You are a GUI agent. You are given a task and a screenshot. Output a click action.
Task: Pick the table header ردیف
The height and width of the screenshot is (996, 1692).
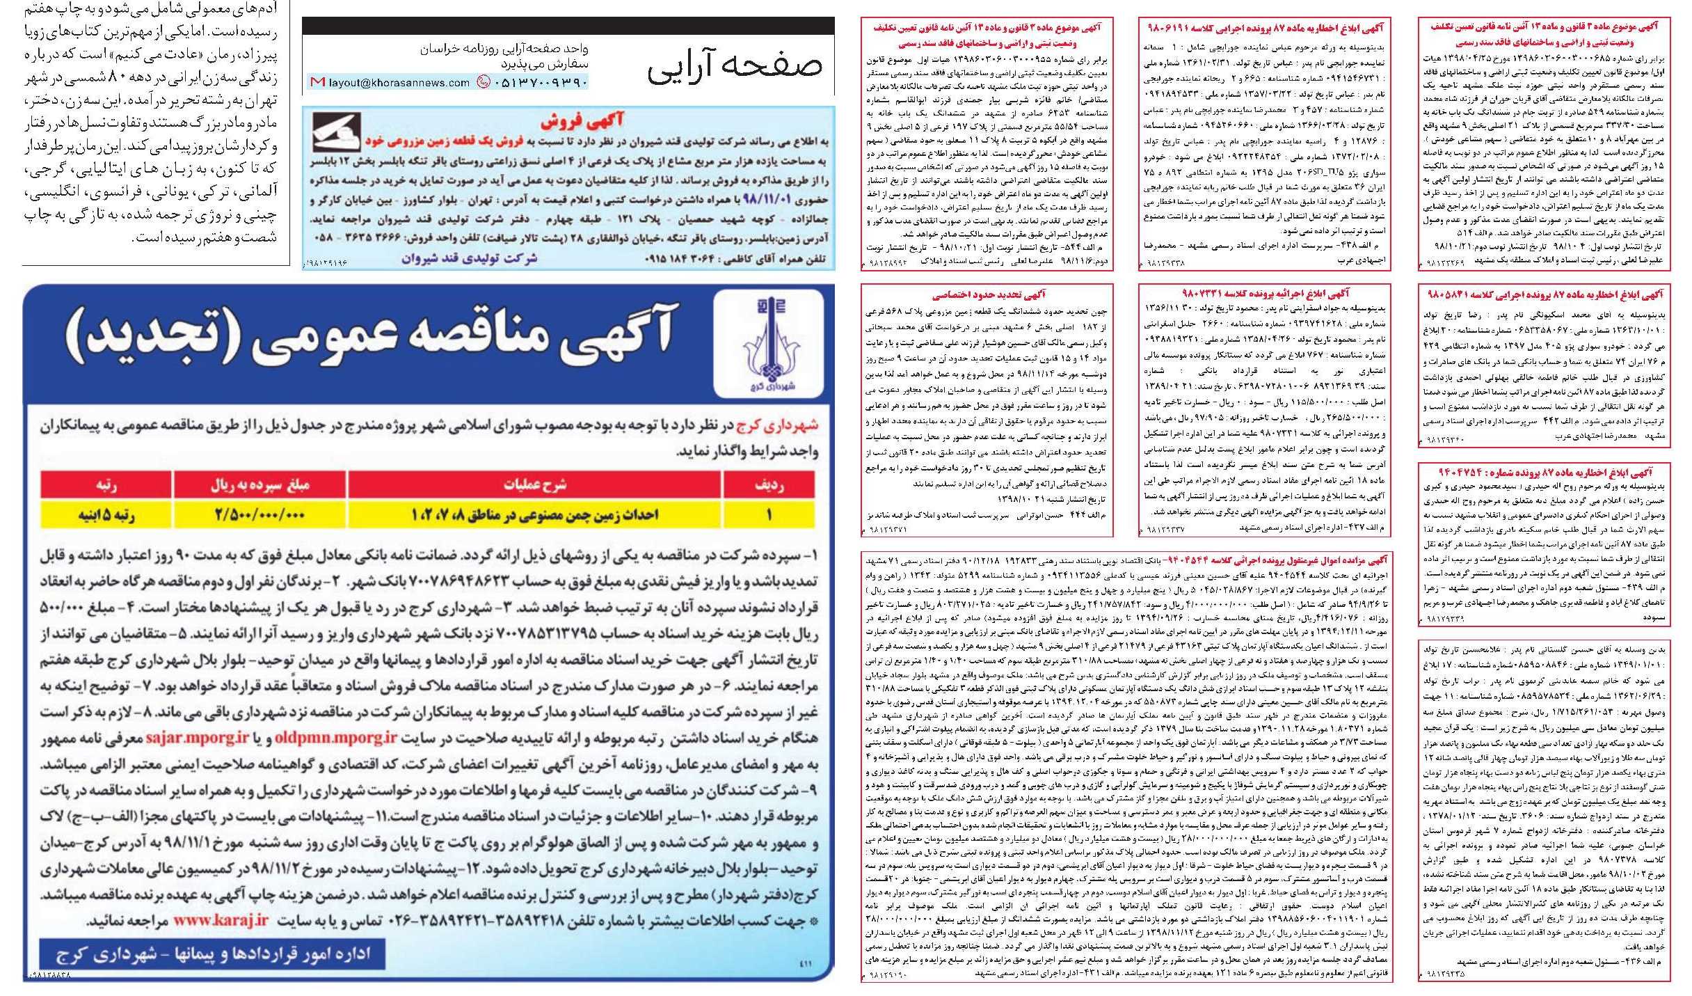click(768, 485)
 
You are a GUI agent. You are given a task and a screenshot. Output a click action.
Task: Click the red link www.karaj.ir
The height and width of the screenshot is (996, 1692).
click(221, 920)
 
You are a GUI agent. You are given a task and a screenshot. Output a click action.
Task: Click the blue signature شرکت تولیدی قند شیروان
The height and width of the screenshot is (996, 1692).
click(469, 258)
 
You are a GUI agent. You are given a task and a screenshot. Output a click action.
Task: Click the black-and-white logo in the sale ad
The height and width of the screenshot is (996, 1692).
click(336, 133)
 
